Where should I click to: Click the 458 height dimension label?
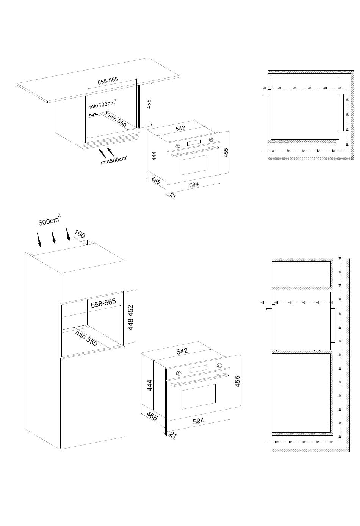click(x=149, y=104)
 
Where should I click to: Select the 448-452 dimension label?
click(x=131, y=317)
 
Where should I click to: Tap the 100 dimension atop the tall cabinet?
click(x=80, y=234)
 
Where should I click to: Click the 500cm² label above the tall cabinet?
click(x=50, y=220)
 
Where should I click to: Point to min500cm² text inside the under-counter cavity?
click(x=102, y=105)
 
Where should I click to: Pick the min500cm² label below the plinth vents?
click(x=114, y=160)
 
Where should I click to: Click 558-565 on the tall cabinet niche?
click(x=103, y=303)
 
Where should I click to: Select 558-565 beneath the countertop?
click(x=108, y=80)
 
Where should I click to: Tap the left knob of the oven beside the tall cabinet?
click(x=178, y=374)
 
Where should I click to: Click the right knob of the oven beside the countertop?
click(x=211, y=140)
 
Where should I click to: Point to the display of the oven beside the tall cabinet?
click(x=199, y=369)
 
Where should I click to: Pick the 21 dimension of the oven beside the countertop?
click(x=173, y=196)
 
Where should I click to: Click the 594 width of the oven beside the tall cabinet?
click(x=199, y=421)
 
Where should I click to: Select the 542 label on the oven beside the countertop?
click(x=180, y=128)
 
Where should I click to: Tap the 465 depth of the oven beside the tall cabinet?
click(x=152, y=416)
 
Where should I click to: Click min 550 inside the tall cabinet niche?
click(x=86, y=338)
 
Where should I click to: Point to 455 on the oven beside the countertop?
click(x=226, y=152)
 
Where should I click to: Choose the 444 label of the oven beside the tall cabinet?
click(x=149, y=385)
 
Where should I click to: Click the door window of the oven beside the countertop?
click(x=194, y=165)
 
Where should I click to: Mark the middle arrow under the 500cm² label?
click(x=53, y=237)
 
